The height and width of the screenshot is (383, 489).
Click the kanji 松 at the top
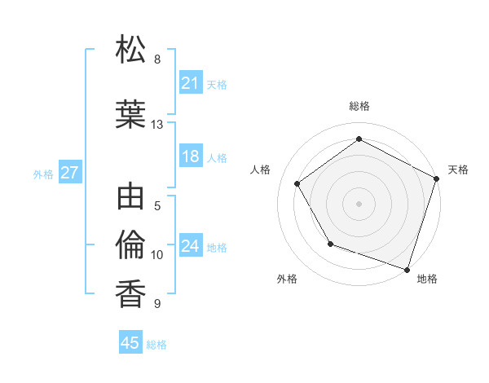tap(131, 51)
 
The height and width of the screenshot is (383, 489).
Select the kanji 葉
tap(131, 115)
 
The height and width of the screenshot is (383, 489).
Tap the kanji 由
tap(131, 199)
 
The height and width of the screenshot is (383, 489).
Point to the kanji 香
tap(131, 293)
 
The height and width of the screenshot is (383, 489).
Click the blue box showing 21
tap(190, 83)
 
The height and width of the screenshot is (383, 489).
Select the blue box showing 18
tap(190, 157)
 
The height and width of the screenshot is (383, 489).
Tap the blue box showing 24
tap(190, 246)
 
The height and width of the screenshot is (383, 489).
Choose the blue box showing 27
tap(69, 173)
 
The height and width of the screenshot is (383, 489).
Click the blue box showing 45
tap(130, 343)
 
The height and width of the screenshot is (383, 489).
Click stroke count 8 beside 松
tap(157, 59)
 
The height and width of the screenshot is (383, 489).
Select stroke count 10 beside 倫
tap(157, 255)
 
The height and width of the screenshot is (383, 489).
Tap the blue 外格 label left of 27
tap(43, 174)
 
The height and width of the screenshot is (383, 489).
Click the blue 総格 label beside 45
tap(156, 344)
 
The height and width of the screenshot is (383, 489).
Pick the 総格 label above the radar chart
tap(359, 107)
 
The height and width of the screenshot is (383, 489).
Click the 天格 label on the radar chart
tap(458, 169)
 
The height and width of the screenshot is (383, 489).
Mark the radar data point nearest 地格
tap(407, 269)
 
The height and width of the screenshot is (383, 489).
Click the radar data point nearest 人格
tap(297, 183)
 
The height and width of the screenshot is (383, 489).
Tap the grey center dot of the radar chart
tap(359, 203)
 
